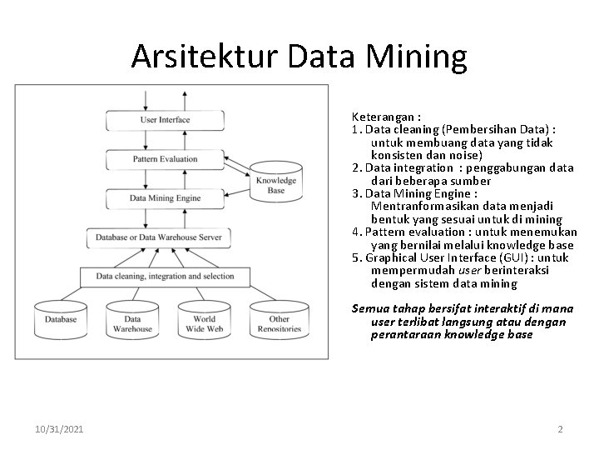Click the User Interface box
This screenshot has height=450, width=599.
(165, 120)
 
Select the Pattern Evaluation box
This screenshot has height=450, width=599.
(165, 158)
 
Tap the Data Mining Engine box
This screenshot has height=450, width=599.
(165, 198)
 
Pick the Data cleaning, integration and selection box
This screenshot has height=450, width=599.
(165, 276)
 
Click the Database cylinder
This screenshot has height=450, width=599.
(61, 320)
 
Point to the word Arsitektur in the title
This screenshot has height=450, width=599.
(205, 57)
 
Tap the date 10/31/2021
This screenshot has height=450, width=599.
(59, 429)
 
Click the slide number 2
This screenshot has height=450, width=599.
(560, 429)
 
